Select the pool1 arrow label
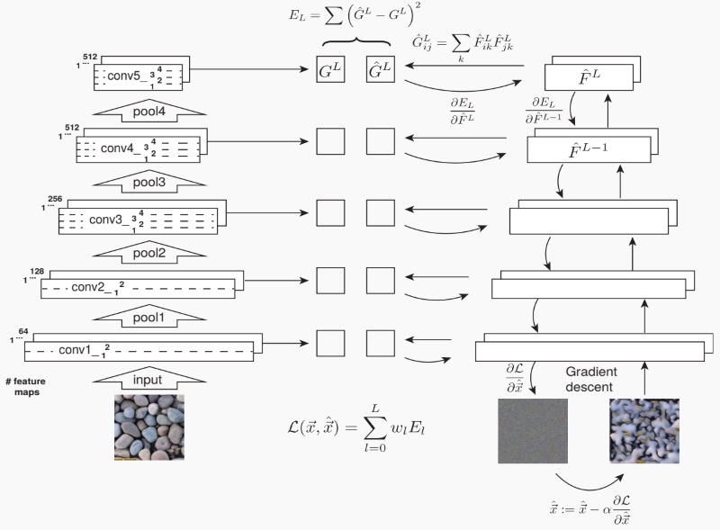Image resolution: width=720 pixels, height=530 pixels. click(148, 317)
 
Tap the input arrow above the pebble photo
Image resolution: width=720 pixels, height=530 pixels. click(148, 380)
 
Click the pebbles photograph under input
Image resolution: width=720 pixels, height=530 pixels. click(148, 427)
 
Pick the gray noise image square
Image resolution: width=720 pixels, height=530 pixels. click(533, 433)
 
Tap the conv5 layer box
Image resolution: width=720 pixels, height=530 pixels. click(139, 76)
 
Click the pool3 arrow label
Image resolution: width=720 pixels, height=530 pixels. click(148, 181)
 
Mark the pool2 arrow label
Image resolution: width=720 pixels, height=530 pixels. click(148, 253)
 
